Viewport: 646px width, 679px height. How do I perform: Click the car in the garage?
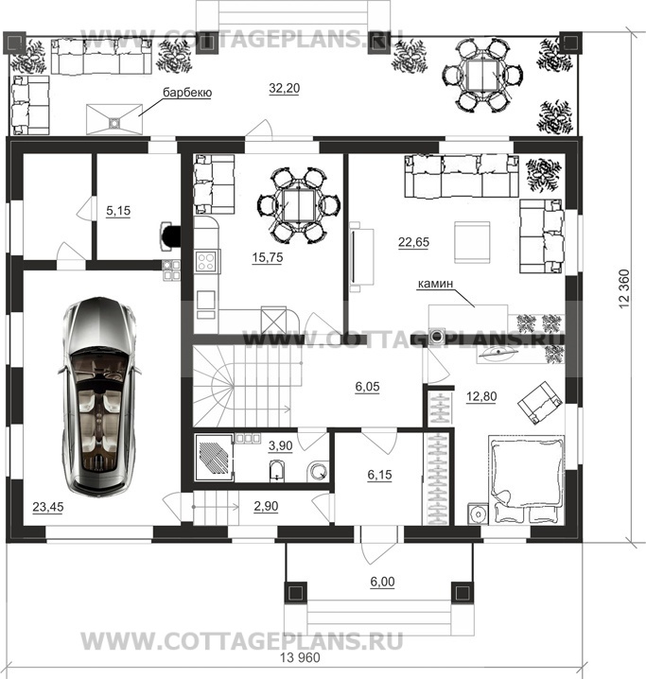tap(99, 396)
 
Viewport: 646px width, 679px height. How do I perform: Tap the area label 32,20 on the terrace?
tap(284, 88)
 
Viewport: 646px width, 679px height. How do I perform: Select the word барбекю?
tap(187, 93)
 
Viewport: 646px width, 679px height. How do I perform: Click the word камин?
tap(435, 283)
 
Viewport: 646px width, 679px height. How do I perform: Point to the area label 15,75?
tap(268, 257)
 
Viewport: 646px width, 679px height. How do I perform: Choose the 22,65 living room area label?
tap(413, 242)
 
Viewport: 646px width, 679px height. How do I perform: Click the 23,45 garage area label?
tap(48, 506)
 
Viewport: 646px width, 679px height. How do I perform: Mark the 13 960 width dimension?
tap(300, 658)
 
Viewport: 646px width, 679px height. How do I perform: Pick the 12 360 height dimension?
tap(624, 288)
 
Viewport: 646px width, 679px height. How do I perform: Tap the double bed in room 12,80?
tap(527, 479)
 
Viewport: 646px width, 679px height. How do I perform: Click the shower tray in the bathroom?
tap(215, 457)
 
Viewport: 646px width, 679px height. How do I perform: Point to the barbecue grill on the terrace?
tap(114, 119)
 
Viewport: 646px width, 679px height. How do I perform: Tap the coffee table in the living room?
tap(472, 242)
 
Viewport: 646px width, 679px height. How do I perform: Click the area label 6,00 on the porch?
tap(382, 582)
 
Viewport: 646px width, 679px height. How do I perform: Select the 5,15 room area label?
tap(118, 211)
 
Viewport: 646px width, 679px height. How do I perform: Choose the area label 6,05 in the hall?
tap(367, 386)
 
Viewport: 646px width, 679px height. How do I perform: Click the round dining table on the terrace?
tap(482, 76)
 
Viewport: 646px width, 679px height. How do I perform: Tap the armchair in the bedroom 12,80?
tap(541, 402)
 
